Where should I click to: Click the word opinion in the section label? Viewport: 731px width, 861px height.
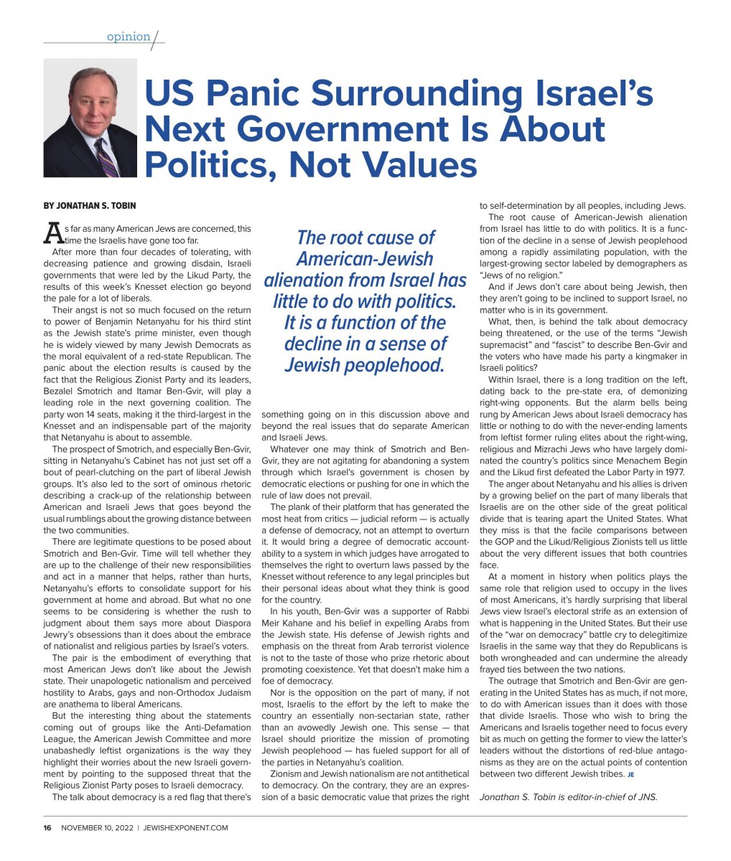(129, 37)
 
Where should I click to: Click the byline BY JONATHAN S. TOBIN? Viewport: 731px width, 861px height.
(90, 205)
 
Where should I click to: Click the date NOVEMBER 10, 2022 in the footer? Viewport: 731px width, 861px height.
(98, 827)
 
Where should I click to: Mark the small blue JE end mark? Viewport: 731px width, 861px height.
(630, 775)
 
